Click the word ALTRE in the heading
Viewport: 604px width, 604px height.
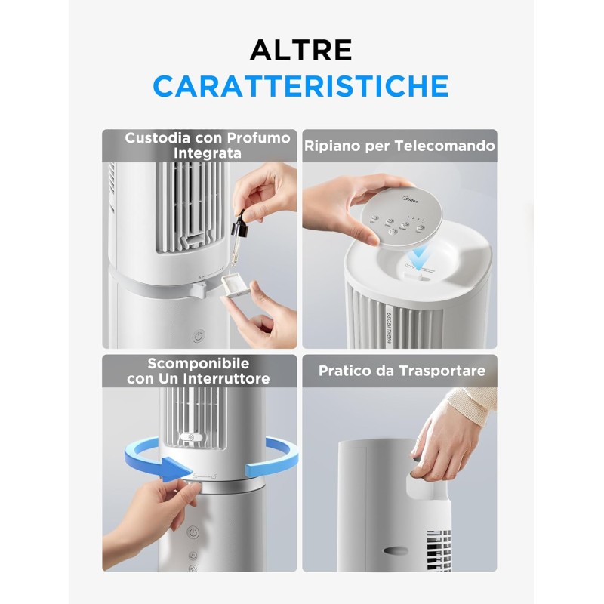(x=300, y=50)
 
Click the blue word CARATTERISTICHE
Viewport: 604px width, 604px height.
(x=300, y=86)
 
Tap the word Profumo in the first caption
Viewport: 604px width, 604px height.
(x=253, y=138)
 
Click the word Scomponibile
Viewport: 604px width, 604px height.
(x=199, y=363)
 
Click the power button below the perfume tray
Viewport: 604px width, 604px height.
(x=198, y=337)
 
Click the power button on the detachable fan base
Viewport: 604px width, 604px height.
(x=193, y=532)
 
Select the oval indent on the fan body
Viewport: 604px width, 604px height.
(x=398, y=550)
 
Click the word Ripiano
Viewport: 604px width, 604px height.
(x=332, y=146)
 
